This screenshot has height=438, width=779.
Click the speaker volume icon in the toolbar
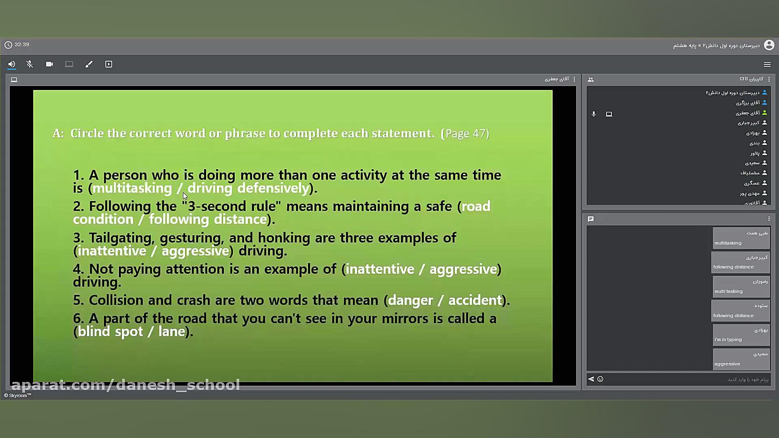[12, 64]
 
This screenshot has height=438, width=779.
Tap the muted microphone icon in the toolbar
[30, 64]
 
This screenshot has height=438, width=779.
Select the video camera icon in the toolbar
[49, 64]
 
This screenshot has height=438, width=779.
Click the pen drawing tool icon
[89, 64]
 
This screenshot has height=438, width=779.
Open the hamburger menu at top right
[767, 64]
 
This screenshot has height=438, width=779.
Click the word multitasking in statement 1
[132, 188]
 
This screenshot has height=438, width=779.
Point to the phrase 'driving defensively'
[248, 188]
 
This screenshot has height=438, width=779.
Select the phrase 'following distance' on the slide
[208, 219]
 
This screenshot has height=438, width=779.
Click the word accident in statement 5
[475, 300]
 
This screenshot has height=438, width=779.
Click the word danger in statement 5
[411, 301]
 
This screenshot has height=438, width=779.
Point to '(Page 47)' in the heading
[465, 133]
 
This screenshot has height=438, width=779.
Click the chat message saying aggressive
[741, 359]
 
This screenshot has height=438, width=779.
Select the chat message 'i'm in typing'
[741, 335]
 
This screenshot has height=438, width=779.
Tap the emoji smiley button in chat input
[600, 379]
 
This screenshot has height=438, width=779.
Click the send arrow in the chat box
[591, 379]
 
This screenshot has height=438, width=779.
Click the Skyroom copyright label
[18, 395]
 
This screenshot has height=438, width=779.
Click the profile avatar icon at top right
[769, 45]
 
